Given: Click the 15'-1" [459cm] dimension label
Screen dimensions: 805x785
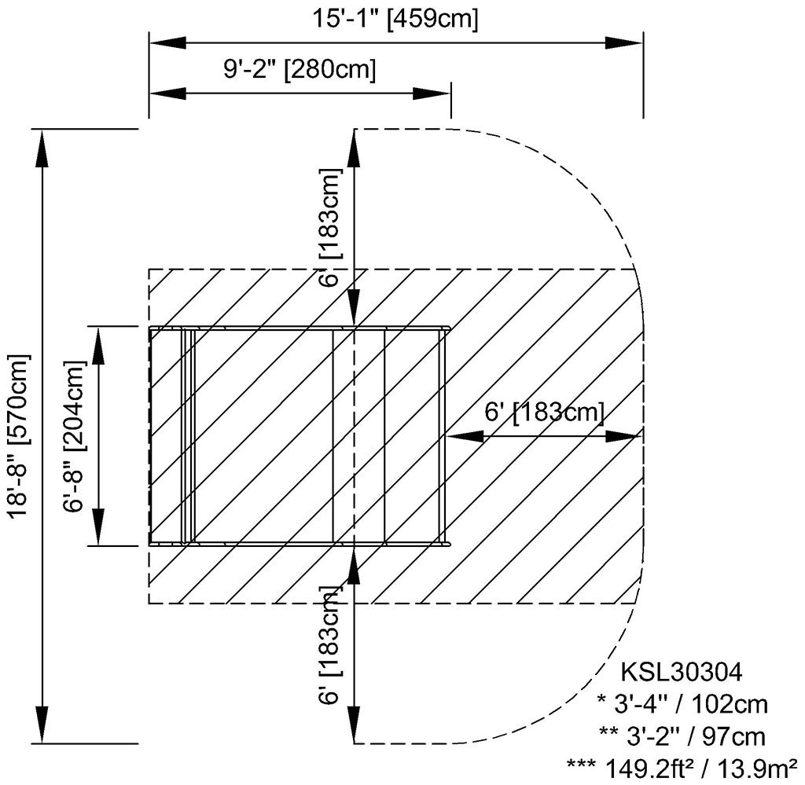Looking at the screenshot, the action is click(x=395, y=19).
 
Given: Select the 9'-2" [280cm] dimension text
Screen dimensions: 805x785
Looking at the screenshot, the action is click(x=300, y=68).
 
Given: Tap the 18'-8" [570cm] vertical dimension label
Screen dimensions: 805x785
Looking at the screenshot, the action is click(x=20, y=435).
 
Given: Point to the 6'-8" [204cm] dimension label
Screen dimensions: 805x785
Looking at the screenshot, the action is click(x=75, y=436).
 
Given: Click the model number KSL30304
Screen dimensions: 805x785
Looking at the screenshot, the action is click(x=682, y=672).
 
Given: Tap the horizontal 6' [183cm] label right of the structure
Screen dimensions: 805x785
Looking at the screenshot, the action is click(x=545, y=412).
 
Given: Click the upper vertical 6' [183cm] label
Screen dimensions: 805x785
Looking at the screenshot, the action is click(x=329, y=227).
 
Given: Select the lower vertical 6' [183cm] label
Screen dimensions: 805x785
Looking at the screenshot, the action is click(x=329, y=645).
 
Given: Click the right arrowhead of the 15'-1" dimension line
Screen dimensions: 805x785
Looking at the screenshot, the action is click(x=623, y=42).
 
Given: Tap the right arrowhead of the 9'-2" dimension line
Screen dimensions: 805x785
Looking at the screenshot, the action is click(x=432, y=94).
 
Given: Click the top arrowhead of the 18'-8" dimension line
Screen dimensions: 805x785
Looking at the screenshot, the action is click(x=42, y=149).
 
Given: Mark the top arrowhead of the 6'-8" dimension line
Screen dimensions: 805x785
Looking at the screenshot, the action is click(x=98, y=345).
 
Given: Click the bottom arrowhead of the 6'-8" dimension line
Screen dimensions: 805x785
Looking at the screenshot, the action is click(x=98, y=527).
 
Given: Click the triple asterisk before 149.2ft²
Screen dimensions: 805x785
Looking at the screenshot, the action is click(x=582, y=764).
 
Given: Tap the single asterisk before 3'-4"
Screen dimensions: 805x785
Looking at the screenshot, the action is click(x=601, y=699).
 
